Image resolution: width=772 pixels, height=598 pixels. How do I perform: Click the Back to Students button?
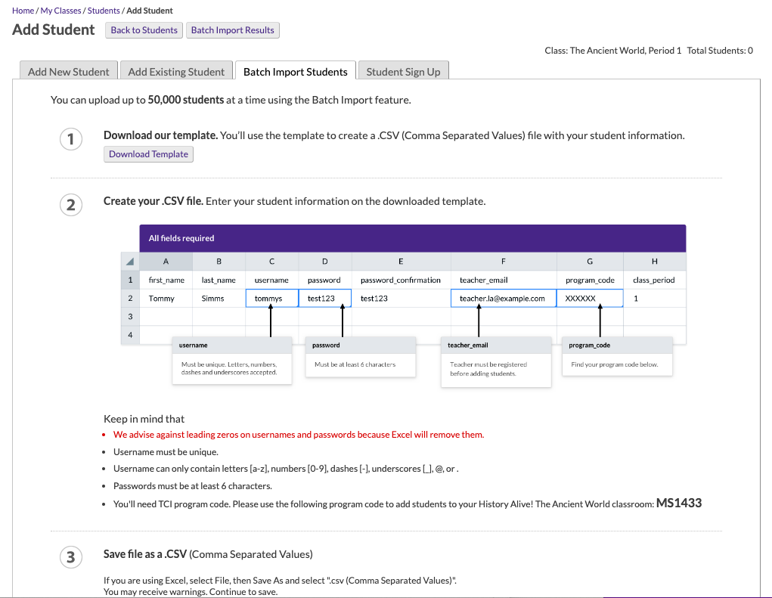pyautogui.click(x=144, y=30)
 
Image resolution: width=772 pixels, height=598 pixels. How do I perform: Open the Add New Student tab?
pyautogui.click(x=68, y=72)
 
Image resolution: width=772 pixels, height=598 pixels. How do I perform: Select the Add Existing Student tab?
pyautogui.click(x=176, y=72)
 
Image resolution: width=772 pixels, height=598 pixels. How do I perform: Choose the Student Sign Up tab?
pyautogui.click(x=403, y=72)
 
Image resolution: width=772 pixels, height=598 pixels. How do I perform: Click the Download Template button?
pyautogui.click(x=148, y=154)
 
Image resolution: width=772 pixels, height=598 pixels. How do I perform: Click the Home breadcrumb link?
pyautogui.click(x=23, y=11)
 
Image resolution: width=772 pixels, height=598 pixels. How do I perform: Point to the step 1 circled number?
pyautogui.click(x=70, y=139)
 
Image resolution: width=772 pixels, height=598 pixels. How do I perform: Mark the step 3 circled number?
pyautogui.click(x=70, y=558)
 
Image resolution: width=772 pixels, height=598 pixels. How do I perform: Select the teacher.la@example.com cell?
pyautogui.click(x=502, y=299)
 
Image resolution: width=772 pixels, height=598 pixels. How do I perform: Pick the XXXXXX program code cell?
pyautogui.click(x=589, y=299)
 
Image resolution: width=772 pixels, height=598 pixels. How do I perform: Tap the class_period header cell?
pyautogui.click(x=653, y=280)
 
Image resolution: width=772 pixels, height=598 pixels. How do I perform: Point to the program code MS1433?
pyautogui.click(x=679, y=503)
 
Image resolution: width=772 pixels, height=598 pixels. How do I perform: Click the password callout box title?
pyautogui.click(x=327, y=345)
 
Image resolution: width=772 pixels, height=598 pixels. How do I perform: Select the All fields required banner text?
pyautogui.click(x=181, y=238)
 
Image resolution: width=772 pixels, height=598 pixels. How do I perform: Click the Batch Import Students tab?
pyautogui.click(x=295, y=72)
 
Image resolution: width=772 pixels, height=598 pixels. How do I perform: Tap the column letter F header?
pyautogui.click(x=503, y=262)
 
